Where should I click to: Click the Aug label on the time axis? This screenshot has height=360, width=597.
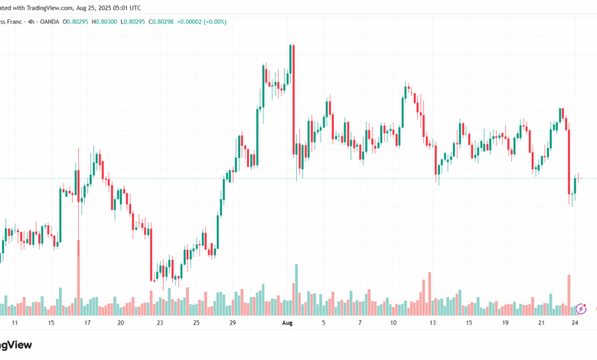click(286, 323)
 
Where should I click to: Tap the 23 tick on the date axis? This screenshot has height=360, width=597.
click(159, 323)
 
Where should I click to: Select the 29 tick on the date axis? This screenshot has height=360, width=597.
click(232, 323)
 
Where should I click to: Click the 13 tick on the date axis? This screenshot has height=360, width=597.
click(432, 323)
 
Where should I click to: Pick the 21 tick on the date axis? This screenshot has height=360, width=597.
click(541, 323)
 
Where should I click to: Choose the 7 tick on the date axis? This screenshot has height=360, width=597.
click(360, 323)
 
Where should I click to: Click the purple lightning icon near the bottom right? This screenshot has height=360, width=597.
click(581, 309)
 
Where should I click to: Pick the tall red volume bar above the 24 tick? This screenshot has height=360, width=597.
click(569, 294)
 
